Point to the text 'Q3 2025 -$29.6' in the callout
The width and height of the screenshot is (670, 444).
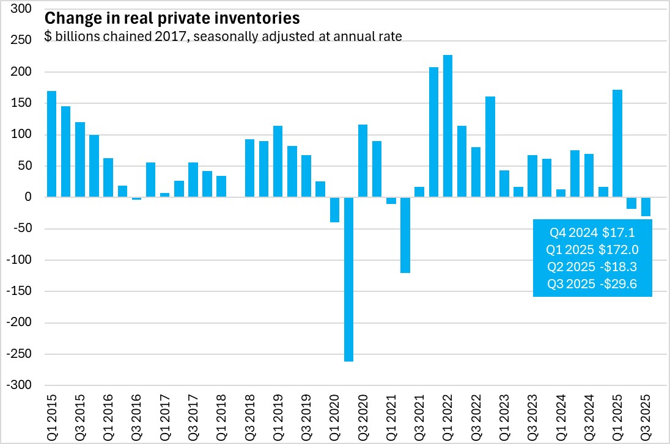pyautogui.click(x=592, y=284)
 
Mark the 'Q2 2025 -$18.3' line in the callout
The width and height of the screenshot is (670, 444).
pyautogui.click(x=592, y=267)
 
